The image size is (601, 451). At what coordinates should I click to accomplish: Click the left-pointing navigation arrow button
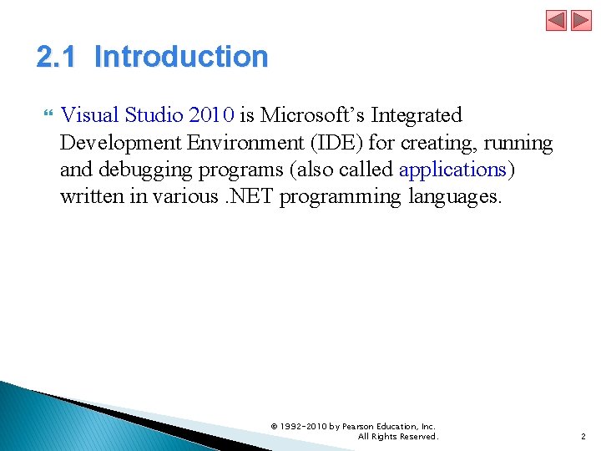click(x=556, y=20)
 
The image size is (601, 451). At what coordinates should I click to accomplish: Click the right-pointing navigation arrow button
click(x=581, y=20)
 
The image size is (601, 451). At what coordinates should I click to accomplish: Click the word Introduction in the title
click(x=181, y=57)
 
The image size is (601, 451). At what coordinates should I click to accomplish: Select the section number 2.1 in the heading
click(x=56, y=57)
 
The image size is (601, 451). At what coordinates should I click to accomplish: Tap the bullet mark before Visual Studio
click(x=48, y=113)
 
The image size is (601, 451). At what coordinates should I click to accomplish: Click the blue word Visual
click(x=89, y=114)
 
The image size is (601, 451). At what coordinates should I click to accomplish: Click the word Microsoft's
click(x=312, y=114)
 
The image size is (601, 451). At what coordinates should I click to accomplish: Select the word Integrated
click(x=417, y=116)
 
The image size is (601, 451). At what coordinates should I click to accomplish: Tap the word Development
click(x=120, y=144)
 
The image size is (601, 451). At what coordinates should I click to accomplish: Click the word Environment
click(x=245, y=143)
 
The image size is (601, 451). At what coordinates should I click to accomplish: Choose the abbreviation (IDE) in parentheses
click(x=336, y=143)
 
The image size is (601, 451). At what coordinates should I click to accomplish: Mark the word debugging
click(x=145, y=170)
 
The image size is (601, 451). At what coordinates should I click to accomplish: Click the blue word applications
click(x=452, y=170)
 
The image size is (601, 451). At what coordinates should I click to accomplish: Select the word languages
click(x=455, y=198)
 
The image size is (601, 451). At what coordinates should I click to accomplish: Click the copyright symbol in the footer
click(x=274, y=427)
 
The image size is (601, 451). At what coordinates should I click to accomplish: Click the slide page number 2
click(x=583, y=437)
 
